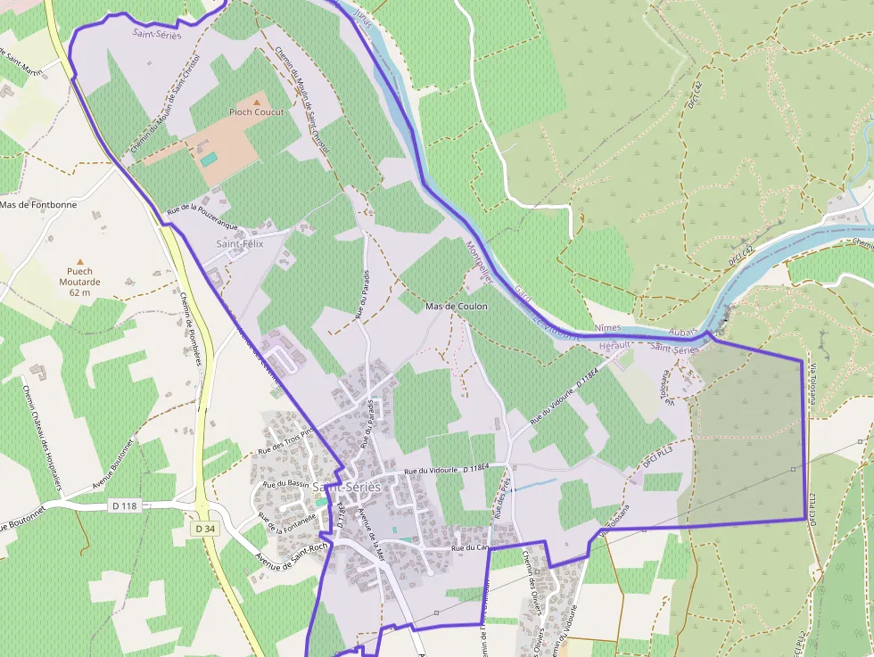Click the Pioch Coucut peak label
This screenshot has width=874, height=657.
tap(257, 112)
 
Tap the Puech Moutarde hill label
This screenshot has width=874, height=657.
tap(80, 282)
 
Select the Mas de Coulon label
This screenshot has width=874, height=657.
tap(457, 307)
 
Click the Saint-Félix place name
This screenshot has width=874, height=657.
tap(240, 243)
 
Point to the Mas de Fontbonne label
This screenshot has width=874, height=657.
tap(37, 205)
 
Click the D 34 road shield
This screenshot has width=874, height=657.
tap(204, 529)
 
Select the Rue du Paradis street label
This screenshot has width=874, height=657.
tap(364, 293)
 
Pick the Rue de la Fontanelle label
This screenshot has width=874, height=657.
tap(287, 517)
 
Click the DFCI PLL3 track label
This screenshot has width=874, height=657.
tap(655, 456)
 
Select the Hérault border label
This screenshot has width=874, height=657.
tap(614, 345)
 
